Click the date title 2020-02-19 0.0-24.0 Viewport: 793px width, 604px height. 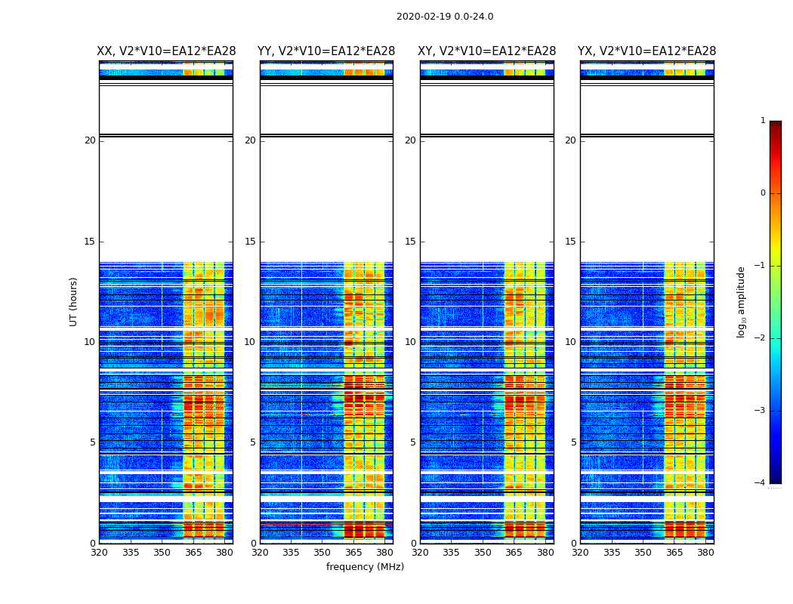point(445,17)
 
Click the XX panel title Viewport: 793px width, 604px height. point(166,51)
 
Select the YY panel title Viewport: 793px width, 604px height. point(326,51)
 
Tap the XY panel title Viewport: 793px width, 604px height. point(487,51)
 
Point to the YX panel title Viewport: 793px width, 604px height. point(647,51)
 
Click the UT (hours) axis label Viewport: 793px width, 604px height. point(74,301)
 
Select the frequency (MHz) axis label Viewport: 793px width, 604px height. point(365,567)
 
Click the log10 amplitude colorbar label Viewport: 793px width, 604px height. point(742,301)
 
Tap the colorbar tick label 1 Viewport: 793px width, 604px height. point(763,121)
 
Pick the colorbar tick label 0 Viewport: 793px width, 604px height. point(763,193)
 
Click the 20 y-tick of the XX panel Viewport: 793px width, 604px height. point(90,140)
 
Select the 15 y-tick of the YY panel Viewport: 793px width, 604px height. point(250,242)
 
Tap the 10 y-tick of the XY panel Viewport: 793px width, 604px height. point(410,342)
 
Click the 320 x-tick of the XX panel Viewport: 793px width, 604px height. point(99,553)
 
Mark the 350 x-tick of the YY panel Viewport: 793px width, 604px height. point(322,553)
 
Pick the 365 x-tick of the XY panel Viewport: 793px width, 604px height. point(514,553)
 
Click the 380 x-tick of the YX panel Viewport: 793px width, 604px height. point(705,553)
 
